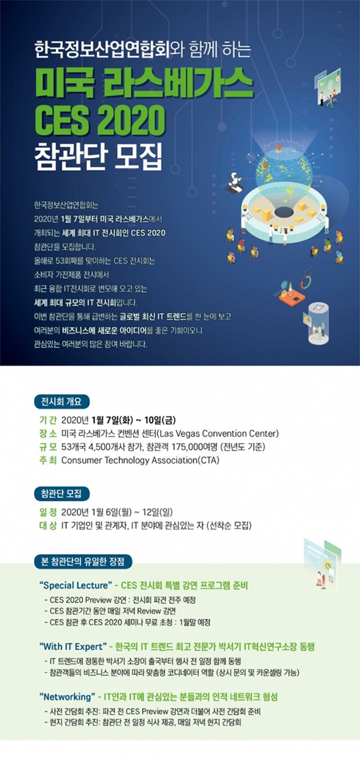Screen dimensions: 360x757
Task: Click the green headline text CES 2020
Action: [100, 121]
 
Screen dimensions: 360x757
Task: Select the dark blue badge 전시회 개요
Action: [62, 402]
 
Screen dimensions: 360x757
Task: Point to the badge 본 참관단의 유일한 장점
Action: [83, 562]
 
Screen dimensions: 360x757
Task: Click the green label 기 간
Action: [48, 420]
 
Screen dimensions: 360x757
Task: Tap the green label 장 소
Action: [48, 434]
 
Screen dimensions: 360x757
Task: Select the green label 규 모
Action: [48, 447]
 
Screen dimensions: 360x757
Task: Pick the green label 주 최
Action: [48, 460]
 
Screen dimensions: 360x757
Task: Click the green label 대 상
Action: [48, 526]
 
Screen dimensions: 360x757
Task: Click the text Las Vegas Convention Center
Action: [218, 434]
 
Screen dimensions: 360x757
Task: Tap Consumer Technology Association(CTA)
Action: [140, 460]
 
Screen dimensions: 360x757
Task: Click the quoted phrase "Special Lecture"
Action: [76, 586]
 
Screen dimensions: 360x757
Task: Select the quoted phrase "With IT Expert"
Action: [74, 646]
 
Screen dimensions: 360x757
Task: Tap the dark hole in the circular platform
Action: [285, 212]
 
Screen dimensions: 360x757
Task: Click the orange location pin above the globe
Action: [278, 148]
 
